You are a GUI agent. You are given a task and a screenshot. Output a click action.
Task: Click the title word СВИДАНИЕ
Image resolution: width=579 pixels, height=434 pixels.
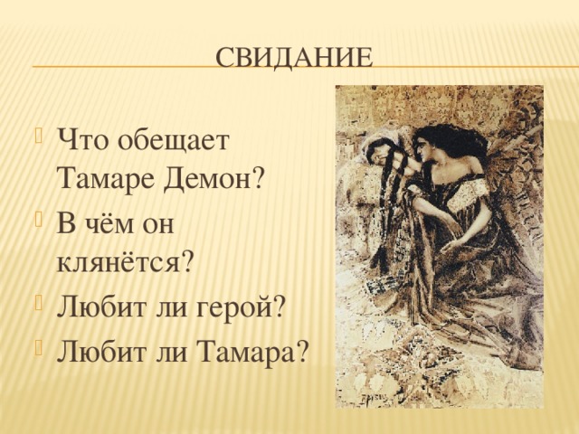(x=295, y=58)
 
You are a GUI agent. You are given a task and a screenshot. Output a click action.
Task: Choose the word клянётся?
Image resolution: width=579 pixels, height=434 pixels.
(x=125, y=261)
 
